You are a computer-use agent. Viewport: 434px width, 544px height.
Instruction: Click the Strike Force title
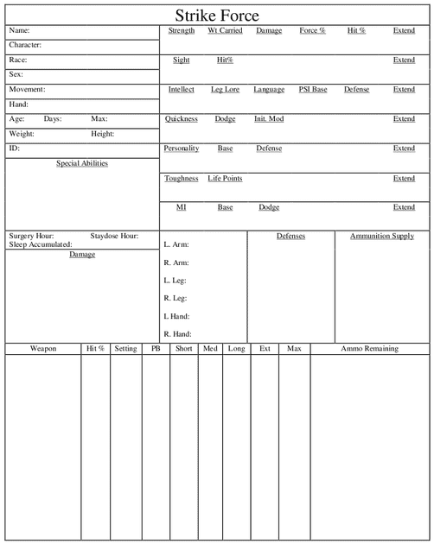[x=217, y=16]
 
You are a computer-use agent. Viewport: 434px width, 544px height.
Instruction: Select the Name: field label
[x=20, y=30]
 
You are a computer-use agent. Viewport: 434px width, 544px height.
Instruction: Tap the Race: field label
[x=18, y=60]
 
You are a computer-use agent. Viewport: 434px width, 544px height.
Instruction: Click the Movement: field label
[x=27, y=90]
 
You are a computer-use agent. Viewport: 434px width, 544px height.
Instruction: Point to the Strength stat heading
[x=182, y=30]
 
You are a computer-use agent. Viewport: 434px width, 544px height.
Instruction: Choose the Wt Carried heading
[x=225, y=30]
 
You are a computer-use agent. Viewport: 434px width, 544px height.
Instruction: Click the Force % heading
[x=312, y=30]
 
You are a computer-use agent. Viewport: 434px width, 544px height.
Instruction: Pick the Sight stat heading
[x=182, y=60]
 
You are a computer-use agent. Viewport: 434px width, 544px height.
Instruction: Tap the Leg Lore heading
[x=225, y=90]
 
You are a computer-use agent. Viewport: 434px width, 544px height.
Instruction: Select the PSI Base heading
[x=313, y=90]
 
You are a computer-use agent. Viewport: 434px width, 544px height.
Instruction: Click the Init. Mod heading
[x=269, y=119]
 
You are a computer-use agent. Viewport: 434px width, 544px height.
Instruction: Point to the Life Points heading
[x=225, y=179]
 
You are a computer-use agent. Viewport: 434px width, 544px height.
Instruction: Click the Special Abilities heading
[x=82, y=163]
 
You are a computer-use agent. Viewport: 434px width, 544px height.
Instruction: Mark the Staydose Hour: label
[x=114, y=236]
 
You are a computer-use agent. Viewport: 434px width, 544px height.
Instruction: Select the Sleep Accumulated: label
[x=41, y=244]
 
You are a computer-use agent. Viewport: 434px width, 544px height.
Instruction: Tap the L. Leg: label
[x=176, y=281]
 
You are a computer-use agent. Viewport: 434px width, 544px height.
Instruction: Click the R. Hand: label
[x=177, y=334]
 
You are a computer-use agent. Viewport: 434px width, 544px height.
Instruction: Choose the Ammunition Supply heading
[x=381, y=236]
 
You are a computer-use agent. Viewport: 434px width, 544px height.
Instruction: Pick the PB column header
[x=156, y=349]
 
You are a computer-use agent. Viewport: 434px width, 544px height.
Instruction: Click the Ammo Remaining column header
[x=369, y=349]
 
